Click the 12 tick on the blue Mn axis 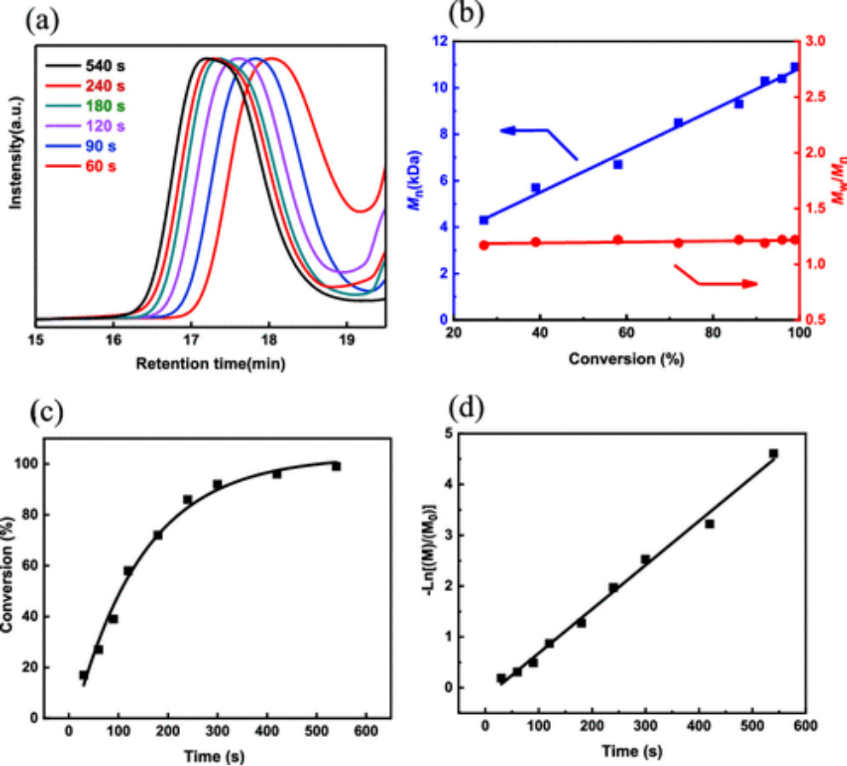tap(440, 41)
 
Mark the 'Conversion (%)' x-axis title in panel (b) tap(626, 358)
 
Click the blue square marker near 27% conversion tap(484, 220)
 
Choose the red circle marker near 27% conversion tap(484, 245)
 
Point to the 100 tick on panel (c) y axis tap(39, 464)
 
